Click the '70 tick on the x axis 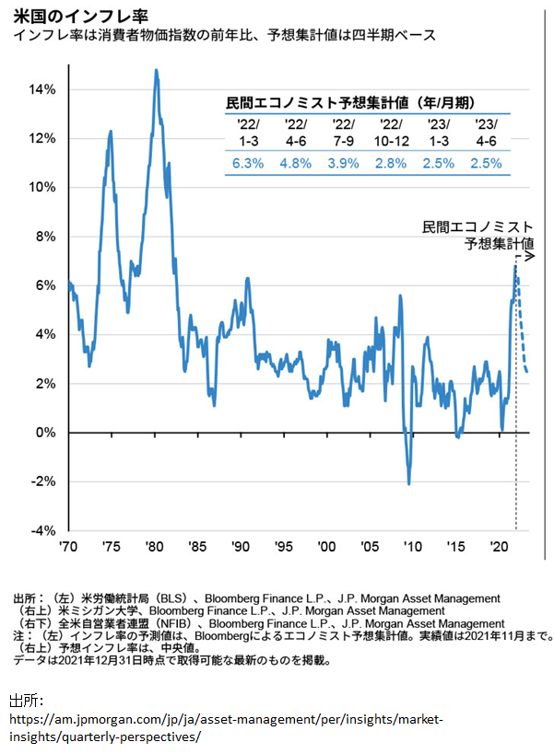click(68, 546)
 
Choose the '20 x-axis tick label click(499, 546)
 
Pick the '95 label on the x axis click(284, 546)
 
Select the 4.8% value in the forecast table click(296, 163)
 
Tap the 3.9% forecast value click(344, 163)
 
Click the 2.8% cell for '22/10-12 click(391, 163)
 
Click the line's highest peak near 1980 click(156, 70)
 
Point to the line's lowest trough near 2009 click(409, 483)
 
